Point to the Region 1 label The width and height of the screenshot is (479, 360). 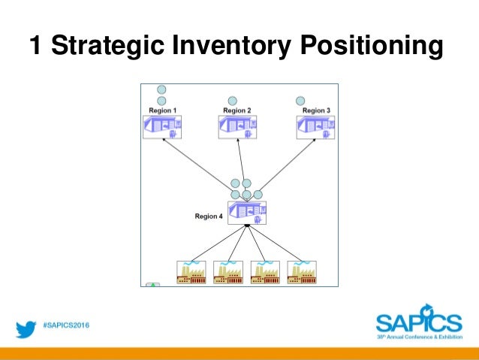tap(162, 110)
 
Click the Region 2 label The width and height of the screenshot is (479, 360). tap(236, 110)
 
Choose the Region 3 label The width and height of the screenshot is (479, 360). tap(315, 110)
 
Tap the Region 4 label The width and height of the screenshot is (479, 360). tap(209, 216)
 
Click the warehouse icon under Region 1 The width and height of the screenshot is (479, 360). tap(163, 127)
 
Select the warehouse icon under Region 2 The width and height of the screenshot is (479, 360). tap(237, 127)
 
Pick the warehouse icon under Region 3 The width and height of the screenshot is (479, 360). tap(315, 127)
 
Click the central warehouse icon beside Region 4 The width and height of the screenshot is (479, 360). tap(248, 212)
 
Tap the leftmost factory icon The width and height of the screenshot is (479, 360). tap(191, 272)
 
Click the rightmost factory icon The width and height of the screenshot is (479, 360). tap(302, 272)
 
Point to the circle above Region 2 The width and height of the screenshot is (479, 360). tap(233, 101)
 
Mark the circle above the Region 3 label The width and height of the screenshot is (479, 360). tap(301, 100)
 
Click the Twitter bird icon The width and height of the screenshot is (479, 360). tap(27, 328)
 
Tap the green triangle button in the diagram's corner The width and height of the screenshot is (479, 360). tap(152, 285)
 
